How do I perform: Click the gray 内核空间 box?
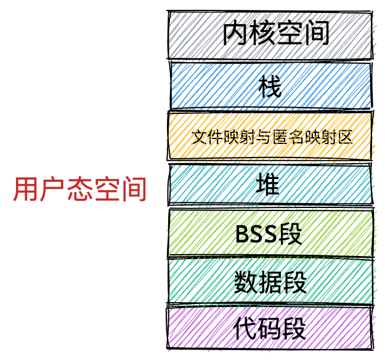(270, 34)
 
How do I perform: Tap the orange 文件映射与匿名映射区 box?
(270, 136)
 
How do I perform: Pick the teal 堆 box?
(270, 185)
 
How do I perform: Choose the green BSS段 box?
(270, 233)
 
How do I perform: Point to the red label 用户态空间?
(80, 190)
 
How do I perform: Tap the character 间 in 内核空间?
(316, 34)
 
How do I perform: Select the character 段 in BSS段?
(292, 234)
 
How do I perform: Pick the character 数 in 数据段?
(246, 282)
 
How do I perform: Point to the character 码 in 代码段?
(270, 329)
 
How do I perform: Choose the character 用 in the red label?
(25, 190)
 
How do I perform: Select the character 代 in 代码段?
(245, 329)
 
